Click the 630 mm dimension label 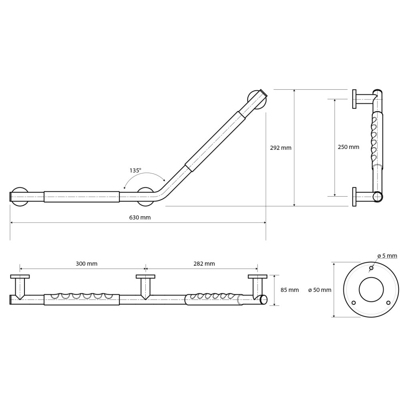point(140,217)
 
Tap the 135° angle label point(135,171)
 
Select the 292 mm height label point(281,148)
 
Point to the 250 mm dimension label point(348,147)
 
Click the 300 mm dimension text point(86,264)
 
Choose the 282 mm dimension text point(204,264)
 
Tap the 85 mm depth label point(289,290)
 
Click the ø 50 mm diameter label point(320,290)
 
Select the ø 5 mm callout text point(387,256)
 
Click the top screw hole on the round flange point(371,268)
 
